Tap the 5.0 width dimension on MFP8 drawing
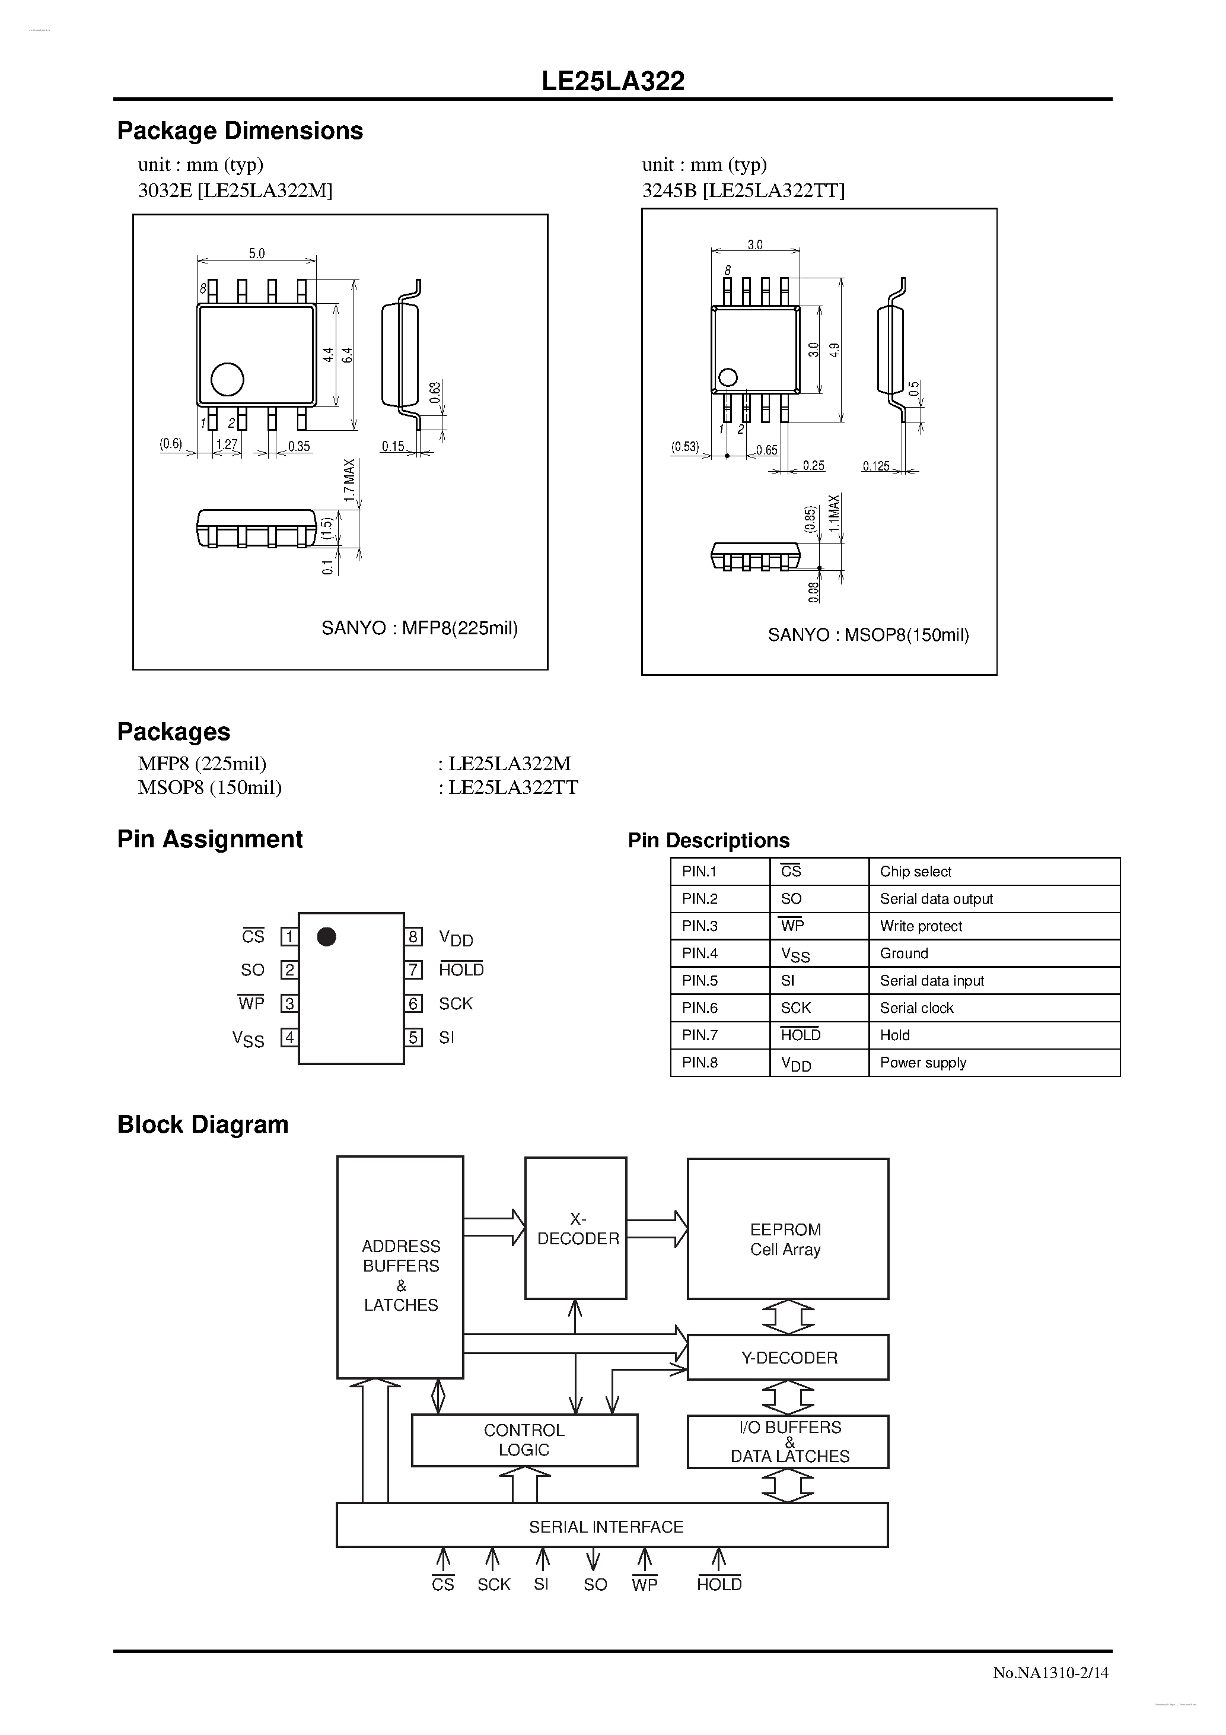pos(257,253)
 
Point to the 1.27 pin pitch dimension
pos(227,444)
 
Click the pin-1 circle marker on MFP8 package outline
pos(227,379)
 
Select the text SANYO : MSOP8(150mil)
pos(868,635)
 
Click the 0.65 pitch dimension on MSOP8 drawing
pos(766,450)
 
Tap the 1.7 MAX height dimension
pos(349,480)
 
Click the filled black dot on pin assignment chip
pos(326,937)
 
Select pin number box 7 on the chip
pos(413,970)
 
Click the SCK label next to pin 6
pos(456,1003)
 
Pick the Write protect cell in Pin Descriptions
pos(921,926)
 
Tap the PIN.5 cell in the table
pos(699,981)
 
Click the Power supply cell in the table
pos(923,1063)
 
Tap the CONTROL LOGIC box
pos(524,1440)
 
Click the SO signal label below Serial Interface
pos(596,1585)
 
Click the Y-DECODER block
pos(789,1358)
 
